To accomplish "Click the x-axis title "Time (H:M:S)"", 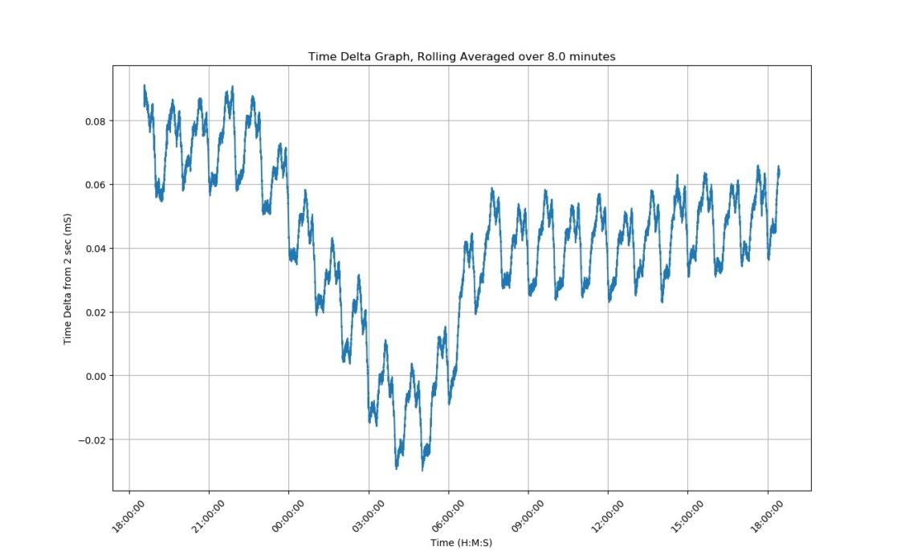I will pos(461,543).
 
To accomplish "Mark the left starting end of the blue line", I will pos(145,86).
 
